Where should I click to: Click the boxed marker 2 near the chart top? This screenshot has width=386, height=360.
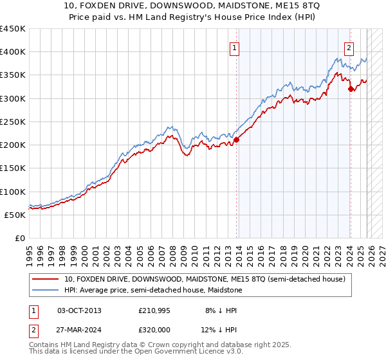click(349, 47)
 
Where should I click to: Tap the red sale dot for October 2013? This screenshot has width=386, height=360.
click(236, 139)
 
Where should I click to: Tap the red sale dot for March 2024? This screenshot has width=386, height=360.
click(351, 89)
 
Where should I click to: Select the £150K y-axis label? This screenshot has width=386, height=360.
click(13, 168)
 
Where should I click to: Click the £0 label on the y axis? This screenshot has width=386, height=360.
click(19, 238)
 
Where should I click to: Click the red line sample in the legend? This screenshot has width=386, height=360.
click(46, 279)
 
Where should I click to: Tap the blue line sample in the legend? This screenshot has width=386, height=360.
click(46, 290)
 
